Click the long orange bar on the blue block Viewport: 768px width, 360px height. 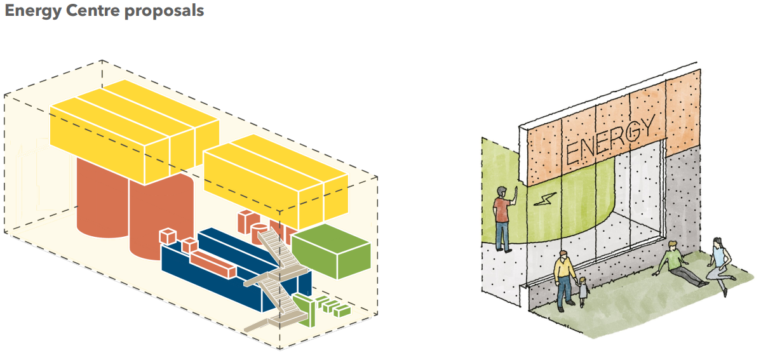[212, 263]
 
